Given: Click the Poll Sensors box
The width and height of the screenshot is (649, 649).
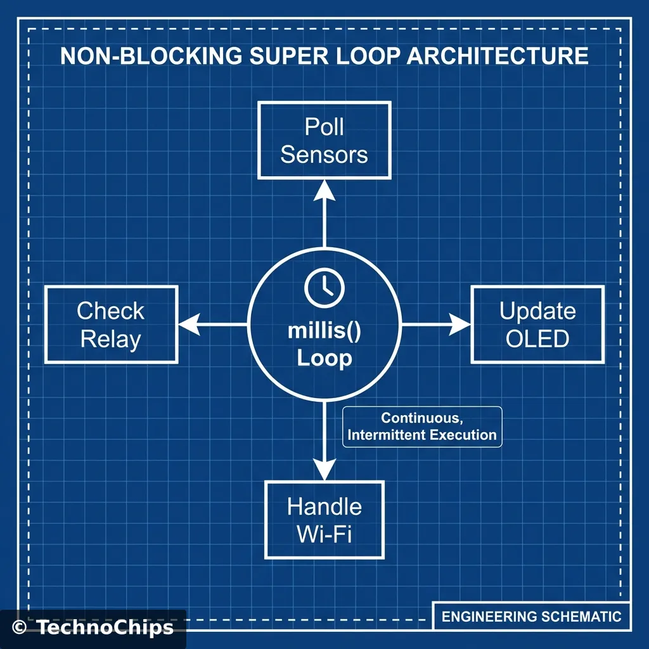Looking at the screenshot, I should click(x=324, y=140).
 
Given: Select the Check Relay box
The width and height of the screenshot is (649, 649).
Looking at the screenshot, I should click(x=111, y=324).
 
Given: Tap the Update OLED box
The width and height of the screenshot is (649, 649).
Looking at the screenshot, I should click(x=537, y=324).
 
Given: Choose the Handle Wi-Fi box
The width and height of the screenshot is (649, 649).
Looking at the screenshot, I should click(x=324, y=520).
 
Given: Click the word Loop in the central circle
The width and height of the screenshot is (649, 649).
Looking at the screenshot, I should click(x=324, y=359).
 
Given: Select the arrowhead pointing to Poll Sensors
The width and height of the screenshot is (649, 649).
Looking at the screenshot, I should click(x=324, y=188).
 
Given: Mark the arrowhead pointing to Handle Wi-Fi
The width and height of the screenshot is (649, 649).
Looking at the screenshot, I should click(x=324, y=471).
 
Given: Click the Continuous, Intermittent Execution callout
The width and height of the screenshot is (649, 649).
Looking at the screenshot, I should click(x=421, y=427).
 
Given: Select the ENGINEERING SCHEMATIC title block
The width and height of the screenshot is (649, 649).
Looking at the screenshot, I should click(x=531, y=616).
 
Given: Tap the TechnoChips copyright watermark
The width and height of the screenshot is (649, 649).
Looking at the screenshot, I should click(x=93, y=627).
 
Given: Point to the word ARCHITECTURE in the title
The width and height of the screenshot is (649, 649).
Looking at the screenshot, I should click(x=497, y=56).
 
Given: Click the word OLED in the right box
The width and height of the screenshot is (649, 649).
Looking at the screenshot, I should click(x=537, y=339).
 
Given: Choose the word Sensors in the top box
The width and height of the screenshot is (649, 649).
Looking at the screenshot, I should click(x=324, y=155).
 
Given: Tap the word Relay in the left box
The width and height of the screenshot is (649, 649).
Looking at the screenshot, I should click(x=111, y=340).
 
